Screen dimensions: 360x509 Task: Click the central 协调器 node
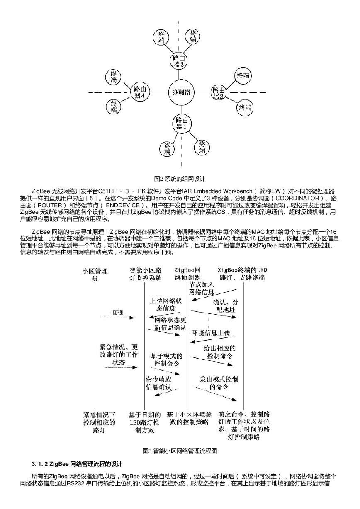pyautogui.click(x=181, y=92)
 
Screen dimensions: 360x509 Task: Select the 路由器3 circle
pyautogui.click(x=179, y=61)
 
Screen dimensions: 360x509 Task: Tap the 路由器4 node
pyautogui.click(x=140, y=92)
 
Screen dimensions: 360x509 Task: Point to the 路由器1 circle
pyautogui.click(x=182, y=123)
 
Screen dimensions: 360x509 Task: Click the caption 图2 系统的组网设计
pyautogui.click(x=180, y=179)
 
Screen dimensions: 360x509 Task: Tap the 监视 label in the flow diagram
pyautogui.click(x=117, y=312)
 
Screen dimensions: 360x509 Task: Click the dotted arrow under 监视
pyautogui.click(x=118, y=318)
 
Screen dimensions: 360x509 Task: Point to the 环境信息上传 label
pyautogui.click(x=211, y=333)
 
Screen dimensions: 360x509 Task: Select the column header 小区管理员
pyautogui.click(x=95, y=274)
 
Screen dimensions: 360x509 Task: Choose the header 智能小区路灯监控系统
pyautogui.click(x=146, y=274)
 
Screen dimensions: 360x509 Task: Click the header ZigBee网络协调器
pyautogui.click(x=187, y=274)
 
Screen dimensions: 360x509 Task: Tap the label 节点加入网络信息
pyautogui.click(x=202, y=288)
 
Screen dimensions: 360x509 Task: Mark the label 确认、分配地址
pyautogui.click(x=226, y=306)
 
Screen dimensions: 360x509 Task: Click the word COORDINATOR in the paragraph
pyautogui.click(x=297, y=198)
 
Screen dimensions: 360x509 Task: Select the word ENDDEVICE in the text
pyautogui.click(x=123, y=205)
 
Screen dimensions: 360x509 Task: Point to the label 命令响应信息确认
pyautogui.click(x=158, y=383)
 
